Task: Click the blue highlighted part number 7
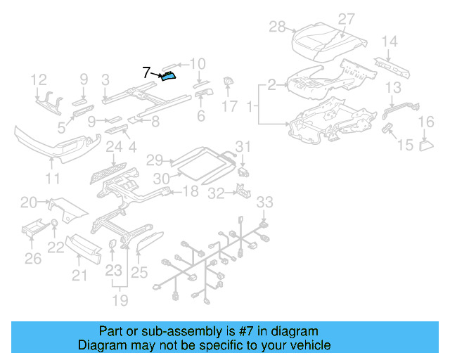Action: coord(169,76)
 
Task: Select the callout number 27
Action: coord(347,19)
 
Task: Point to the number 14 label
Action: coord(389,41)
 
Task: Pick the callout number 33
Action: coord(263,202)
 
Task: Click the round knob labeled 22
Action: coord(54,225)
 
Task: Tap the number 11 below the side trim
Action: coord(53,179)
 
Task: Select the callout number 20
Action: coord(29,202)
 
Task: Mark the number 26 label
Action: coord(33,259)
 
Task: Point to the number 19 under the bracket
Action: coord(121,301)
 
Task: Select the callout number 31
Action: coord(243,146)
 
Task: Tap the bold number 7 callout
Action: coord(147,72)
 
